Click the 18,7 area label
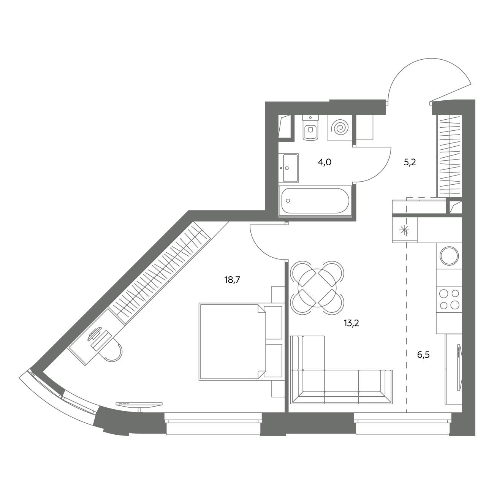[232, 280]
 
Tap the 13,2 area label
[351, 323]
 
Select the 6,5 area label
[423, 355]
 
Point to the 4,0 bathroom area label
[325, 162]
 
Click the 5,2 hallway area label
[410, 162]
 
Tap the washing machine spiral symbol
[340, 127]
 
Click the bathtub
[315, 201]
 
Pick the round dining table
[317, 288]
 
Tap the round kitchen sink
[449, 256]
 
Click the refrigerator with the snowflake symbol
[405, 230]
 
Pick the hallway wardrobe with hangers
[449, 156]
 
